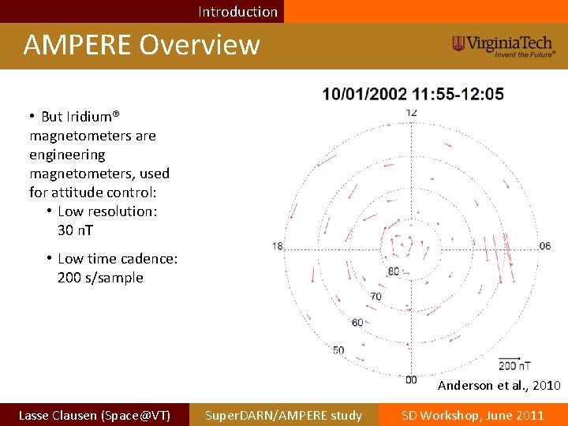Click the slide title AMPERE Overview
pos(141,45)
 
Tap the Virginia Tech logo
pos(504,46)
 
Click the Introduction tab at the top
pos(237,11)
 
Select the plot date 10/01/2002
pos(364,95)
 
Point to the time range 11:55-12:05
pos(458,95)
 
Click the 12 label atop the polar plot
pos(411,112)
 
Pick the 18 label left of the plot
pos(278,246)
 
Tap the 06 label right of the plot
pos(545,246)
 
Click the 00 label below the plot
pos(411,379)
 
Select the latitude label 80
pos(394,272)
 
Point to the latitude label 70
pos(376,297)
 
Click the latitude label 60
pos(357,322)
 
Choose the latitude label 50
pos(338,350)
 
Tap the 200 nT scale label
pos(514,365)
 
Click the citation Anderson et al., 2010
pos(499,386)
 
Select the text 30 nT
pos(75,230)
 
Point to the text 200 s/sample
pos(100,278)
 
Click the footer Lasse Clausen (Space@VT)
pos(94,415)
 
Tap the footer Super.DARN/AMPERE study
pos(283,415)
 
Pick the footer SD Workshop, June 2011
pos(473,415)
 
